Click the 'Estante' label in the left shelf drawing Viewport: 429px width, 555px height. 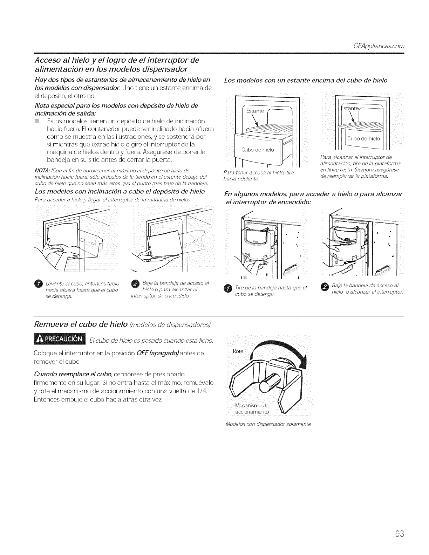pos(255,111)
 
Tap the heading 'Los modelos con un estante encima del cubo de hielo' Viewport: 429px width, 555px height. pos(306,81)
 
